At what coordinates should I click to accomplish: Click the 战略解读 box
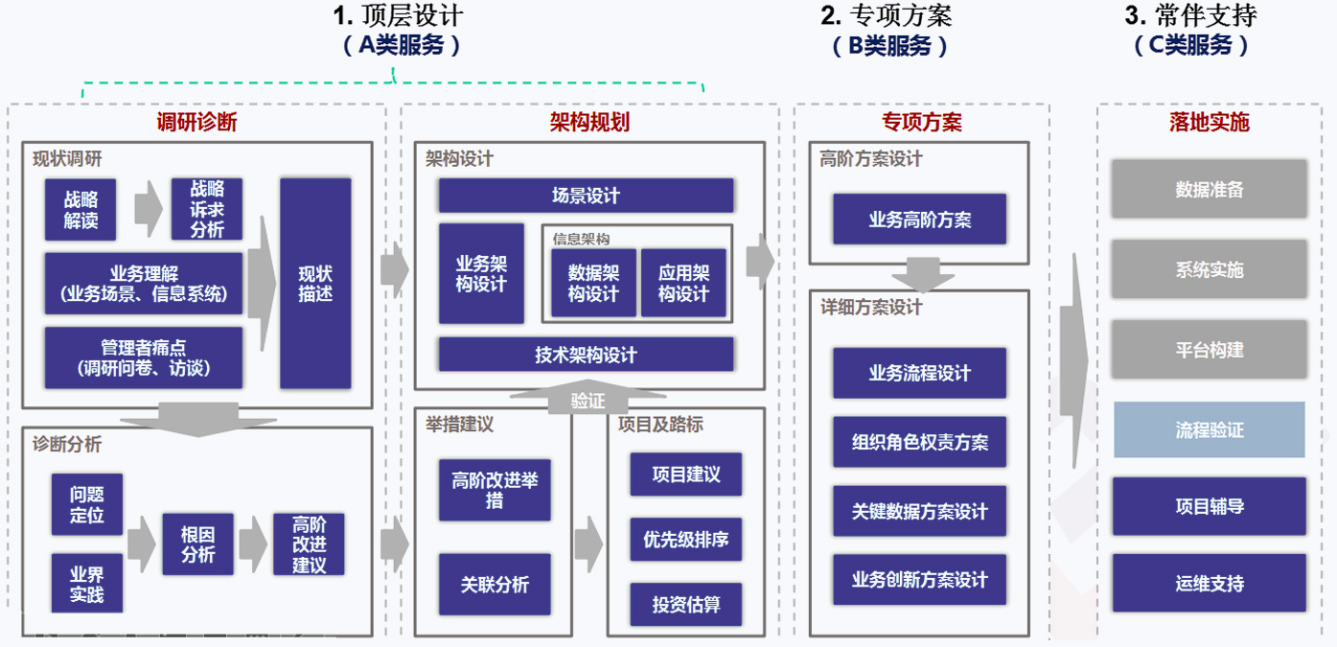tap(81, 210)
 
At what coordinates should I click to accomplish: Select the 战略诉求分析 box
tap(206, 210)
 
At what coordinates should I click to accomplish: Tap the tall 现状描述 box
tap(315, 284)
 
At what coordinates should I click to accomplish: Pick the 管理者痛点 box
tap(143, 358)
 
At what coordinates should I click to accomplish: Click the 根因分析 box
tap(197, 544)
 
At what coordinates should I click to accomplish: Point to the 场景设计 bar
tap(586, 196)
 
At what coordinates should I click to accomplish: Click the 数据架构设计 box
tap(593, 283)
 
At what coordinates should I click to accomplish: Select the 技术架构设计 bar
tap(586, 355)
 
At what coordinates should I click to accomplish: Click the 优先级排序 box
tap(685, 540)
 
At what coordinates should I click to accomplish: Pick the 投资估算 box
tap(685, 605)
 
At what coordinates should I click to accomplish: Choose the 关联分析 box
tap(495, 584)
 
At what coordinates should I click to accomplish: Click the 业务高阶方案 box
tap(919, 220)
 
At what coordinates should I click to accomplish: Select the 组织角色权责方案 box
tap(919, 442)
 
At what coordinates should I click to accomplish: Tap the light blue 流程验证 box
tap(1210, 429)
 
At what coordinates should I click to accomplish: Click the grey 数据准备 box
tap(1210, 189)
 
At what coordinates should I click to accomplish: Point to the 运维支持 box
tap(1210, 583)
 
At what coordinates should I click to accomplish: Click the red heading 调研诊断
tap(196, 122)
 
